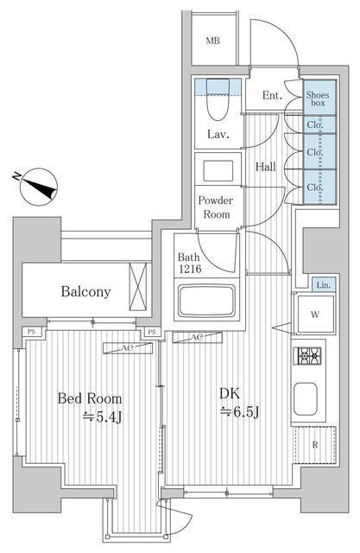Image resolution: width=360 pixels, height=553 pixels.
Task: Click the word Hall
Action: (x=265, y=166)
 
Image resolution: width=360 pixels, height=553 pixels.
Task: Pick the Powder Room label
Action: (x=216, y=207)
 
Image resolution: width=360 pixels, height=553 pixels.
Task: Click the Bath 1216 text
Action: (x=192, y=264)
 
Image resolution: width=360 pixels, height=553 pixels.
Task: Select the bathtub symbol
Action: (x=209, y=302)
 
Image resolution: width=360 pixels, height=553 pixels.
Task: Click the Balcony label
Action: (x=85, y=291)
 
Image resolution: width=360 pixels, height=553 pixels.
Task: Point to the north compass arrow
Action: (x=35, y=183)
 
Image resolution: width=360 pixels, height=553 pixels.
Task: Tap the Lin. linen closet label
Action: (x=322, y=285)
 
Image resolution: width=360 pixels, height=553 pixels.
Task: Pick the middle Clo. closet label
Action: (x=316, y=153)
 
